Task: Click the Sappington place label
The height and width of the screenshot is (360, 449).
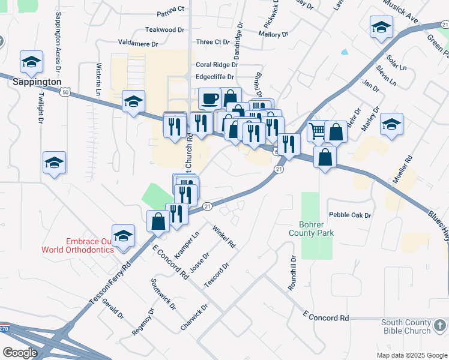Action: coord(37,82)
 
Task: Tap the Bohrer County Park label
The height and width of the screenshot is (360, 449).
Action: coord(310,228)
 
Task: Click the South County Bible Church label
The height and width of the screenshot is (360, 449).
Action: coord(406,326)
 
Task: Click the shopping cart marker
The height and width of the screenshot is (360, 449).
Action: coord(317,130)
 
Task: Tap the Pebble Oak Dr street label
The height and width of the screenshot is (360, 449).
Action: coord(351,215)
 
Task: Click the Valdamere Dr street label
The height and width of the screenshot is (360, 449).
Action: coord(138,44)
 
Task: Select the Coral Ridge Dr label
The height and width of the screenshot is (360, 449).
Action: coord(217,65)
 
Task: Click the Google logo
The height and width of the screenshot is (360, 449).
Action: coord(20,353)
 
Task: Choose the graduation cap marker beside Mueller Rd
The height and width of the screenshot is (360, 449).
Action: coord(391,124)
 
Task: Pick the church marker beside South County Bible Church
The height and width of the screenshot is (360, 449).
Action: coord(440,326)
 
